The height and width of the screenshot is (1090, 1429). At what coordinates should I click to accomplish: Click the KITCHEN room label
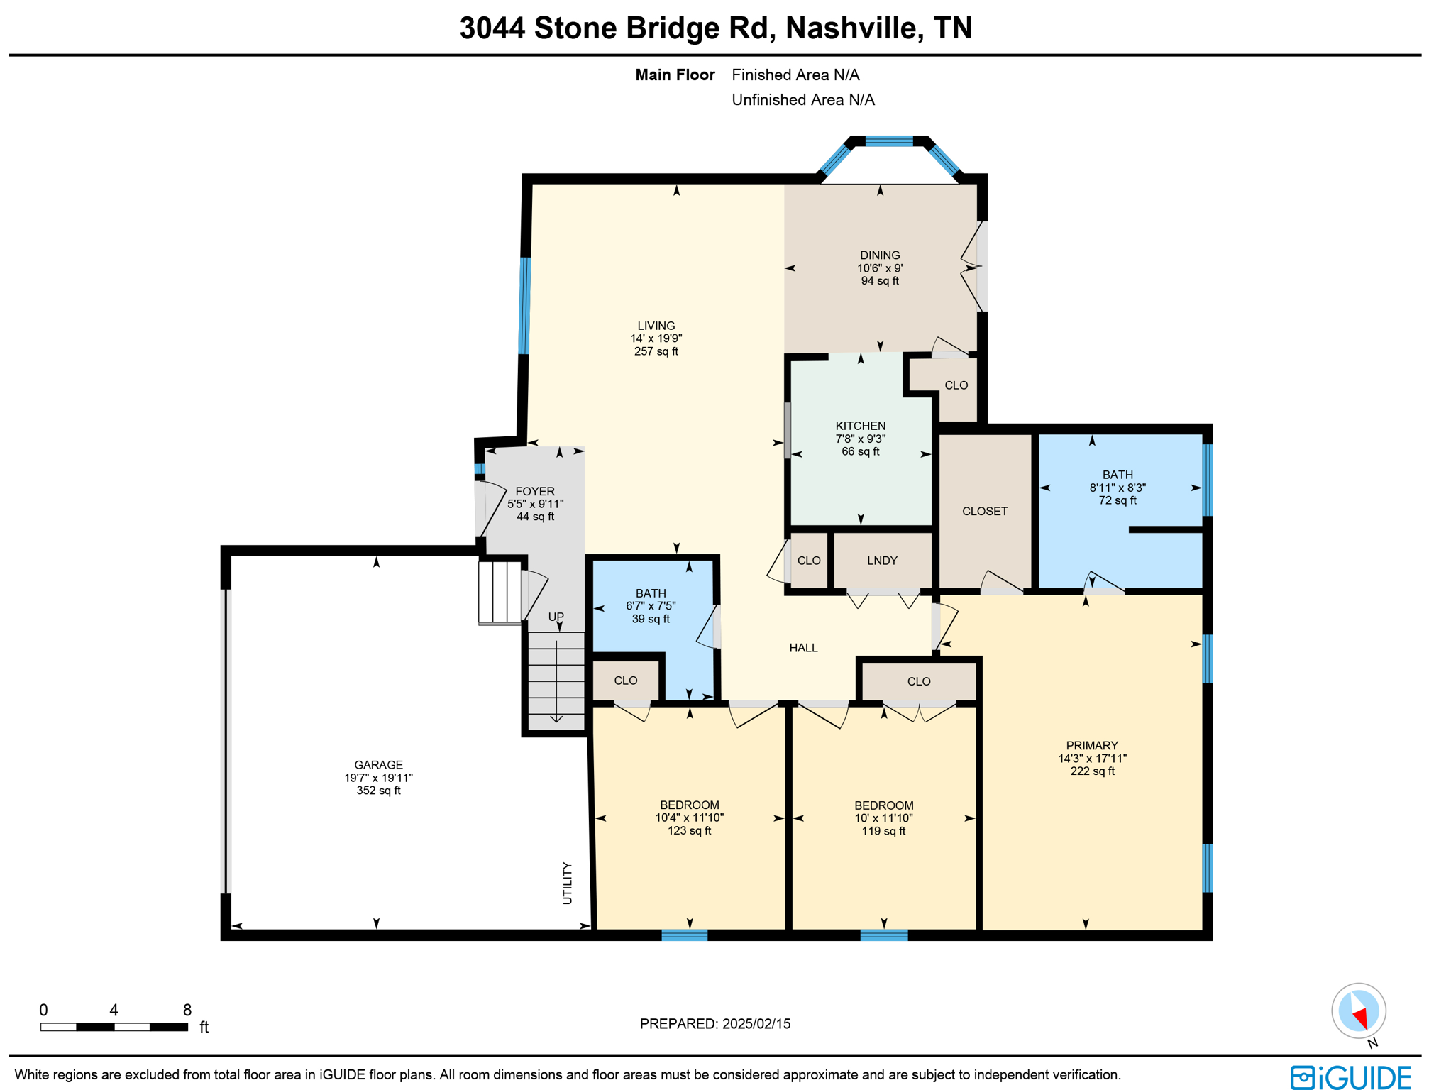[x=860, y=426]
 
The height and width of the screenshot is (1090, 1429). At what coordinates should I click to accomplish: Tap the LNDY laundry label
[x=882, y=561]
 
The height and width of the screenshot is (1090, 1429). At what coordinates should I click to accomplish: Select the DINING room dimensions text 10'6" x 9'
[x=880, y=268]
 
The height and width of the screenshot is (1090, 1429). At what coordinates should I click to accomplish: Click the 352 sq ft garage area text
[x=378, y=791]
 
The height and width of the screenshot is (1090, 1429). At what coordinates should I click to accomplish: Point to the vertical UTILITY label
[x=567, y=883]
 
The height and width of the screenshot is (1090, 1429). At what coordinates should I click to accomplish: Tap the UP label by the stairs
[x=556, y=617]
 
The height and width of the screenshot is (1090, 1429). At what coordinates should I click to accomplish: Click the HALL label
[x=803, y=648]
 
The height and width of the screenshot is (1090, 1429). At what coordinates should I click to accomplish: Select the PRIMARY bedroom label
[x=1091, y=745]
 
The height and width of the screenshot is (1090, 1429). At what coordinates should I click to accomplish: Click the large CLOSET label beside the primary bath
[x=984, y=511]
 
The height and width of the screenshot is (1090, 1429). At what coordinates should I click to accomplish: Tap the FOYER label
[x=535, y=491]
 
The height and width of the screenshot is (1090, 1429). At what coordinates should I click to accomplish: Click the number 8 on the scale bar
[x=187, y=1010]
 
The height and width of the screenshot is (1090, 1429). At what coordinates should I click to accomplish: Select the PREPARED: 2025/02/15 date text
[x=714, y=1023]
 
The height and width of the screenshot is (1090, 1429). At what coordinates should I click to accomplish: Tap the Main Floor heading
[x=674, y=75]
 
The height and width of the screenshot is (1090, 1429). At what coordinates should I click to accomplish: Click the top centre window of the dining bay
[x=889, y=141]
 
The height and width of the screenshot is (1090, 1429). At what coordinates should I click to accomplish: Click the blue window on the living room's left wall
[x=524, y=305]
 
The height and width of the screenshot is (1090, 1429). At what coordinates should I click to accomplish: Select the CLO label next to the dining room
[x=956, y=385]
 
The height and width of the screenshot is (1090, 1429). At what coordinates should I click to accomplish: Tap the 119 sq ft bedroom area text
[x=883, y=831]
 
